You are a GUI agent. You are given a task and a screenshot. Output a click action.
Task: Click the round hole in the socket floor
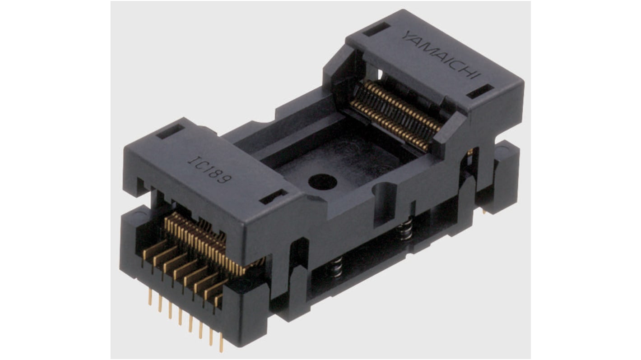coord(322,181)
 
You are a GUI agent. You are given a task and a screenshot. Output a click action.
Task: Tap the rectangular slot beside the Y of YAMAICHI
coord(376,29)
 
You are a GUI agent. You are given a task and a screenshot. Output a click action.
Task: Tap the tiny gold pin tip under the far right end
coord(484,210)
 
